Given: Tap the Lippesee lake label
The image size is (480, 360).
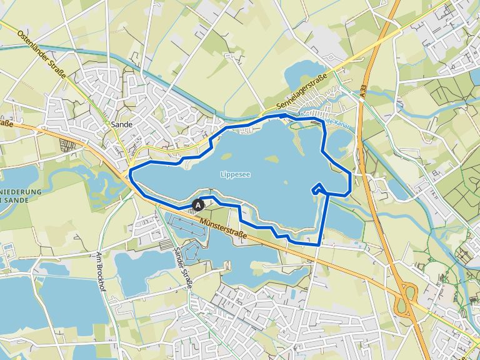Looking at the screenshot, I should click(235, 175).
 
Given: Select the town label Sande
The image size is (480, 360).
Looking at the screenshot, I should click(121, 124).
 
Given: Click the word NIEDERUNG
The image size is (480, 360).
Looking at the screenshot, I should click(21, 191).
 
